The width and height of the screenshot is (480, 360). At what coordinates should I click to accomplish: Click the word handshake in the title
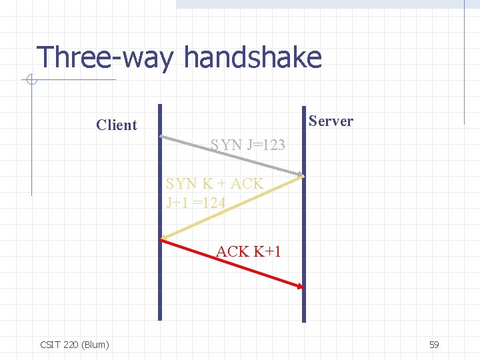253,58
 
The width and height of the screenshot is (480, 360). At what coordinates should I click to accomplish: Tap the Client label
116,125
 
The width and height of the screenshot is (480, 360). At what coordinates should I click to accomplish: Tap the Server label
331,121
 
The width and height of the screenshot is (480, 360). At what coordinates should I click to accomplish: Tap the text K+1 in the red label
267,251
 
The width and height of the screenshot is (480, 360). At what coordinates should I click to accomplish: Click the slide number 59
434,345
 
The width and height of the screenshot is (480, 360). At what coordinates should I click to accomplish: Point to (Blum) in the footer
95,345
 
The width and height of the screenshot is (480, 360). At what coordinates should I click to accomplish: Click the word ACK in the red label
232,251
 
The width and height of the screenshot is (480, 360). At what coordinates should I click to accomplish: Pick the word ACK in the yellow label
247,184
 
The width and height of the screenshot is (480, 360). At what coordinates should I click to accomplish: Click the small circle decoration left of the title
31,81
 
